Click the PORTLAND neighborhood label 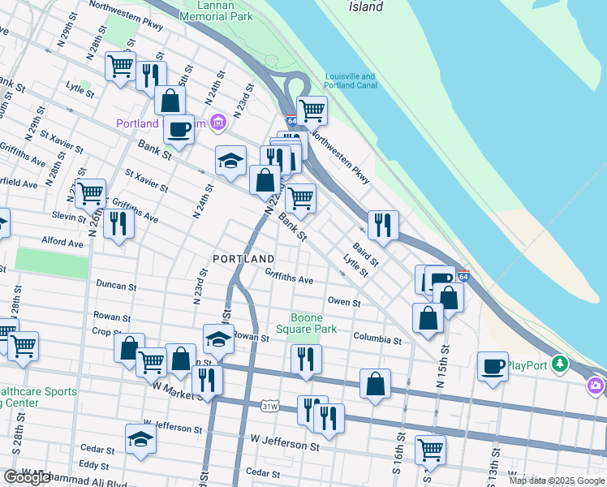243,259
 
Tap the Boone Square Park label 308,323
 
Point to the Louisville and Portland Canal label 350,81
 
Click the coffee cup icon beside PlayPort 493,367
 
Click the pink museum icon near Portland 217,123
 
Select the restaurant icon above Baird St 383,224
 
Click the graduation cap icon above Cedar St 140,439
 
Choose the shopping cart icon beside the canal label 312,110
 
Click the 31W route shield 270,405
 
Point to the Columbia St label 377,340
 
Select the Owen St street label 343,302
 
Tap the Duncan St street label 115,286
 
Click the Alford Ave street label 62,243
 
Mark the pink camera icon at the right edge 597,385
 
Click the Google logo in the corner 27,477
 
